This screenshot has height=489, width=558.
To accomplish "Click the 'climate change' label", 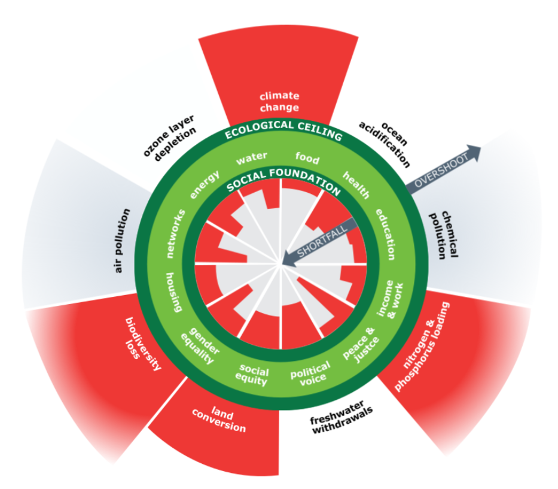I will click(x=279, y=102).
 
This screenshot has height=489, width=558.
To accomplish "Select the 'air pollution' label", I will click(x=122, y=241).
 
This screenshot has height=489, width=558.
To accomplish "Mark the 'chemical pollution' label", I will click(x=445, y=235).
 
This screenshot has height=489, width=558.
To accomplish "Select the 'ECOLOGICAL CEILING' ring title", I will click(x=283, y=130).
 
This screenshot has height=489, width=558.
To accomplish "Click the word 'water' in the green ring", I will click(x=251, y=159).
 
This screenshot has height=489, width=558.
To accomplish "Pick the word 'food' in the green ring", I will click(x=307, y=159).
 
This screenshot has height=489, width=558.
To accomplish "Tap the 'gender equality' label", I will click(x=203, y=347).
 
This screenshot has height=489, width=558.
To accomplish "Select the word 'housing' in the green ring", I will click(x=173, y=292).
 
